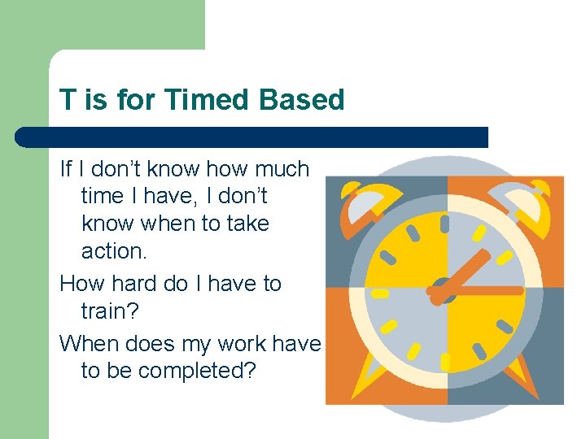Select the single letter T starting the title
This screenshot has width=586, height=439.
tap(67, 100)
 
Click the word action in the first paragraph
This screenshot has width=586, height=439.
tap(113, 251)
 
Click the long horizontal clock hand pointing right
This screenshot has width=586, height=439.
tap(488, 290)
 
